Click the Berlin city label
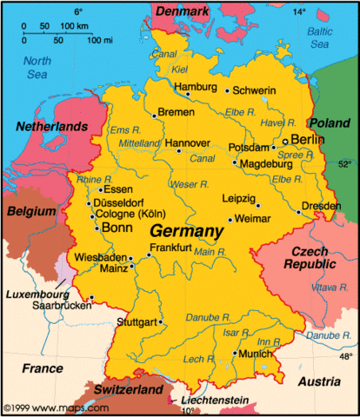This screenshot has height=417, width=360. point(308,139)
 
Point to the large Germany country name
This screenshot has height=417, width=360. point(186,232)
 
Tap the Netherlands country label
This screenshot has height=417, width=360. point(52,127)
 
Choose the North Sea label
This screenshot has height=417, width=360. point(37,68)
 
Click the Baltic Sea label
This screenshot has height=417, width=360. point(322,38)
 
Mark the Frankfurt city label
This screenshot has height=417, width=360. point(170,248)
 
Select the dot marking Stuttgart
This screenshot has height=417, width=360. point(160,323)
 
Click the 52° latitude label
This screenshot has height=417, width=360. point(345,162)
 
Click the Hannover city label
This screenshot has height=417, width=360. point(188,142)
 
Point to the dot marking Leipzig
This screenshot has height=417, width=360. point(258,206)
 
